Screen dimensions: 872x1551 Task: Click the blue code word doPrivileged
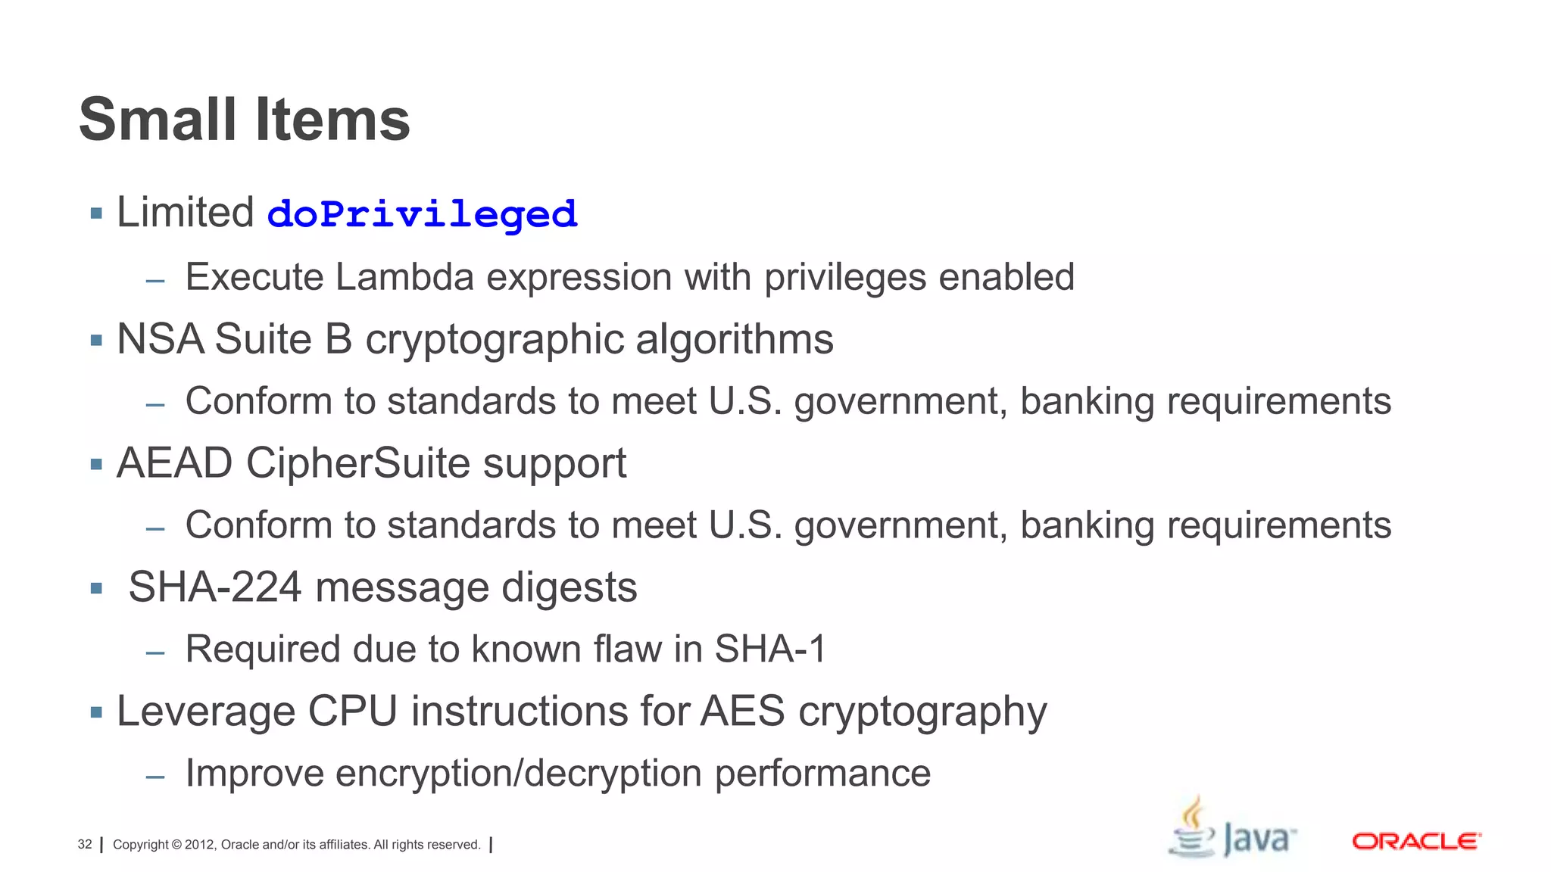(422, 214)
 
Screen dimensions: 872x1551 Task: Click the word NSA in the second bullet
(160, 339)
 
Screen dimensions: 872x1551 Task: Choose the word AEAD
(174, 463)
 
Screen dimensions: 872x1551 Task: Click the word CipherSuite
(357, 463)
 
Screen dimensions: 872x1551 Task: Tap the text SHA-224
(215, 587)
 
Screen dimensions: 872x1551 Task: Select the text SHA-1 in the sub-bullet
(769, 649)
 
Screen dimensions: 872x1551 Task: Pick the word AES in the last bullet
(742, 712)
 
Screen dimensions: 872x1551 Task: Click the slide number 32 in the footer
(85, 845)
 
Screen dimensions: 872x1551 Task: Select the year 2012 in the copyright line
(200, 845)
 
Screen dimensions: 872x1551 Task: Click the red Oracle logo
(1416, 842)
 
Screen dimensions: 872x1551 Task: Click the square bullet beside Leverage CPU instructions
(96, 712)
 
